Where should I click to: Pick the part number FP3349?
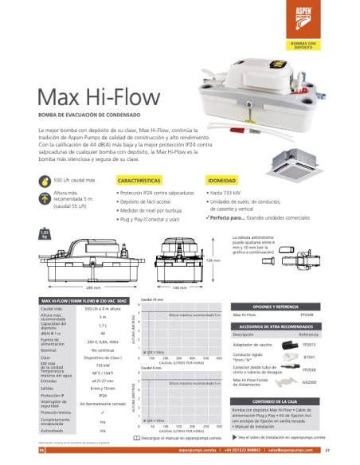[x=327, y=315]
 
